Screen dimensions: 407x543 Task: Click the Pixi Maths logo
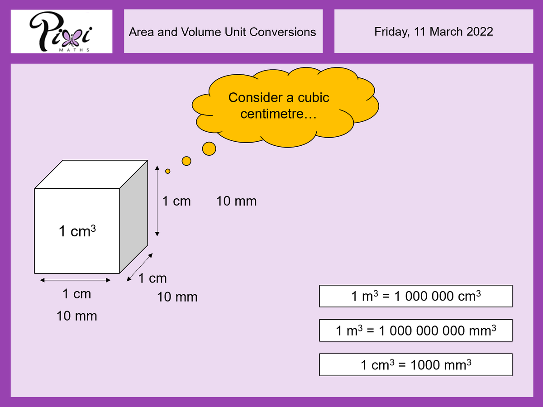tap(62, 32)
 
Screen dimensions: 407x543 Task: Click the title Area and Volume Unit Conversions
tap(223, 32)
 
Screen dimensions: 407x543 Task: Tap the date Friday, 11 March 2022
tap(433, 32)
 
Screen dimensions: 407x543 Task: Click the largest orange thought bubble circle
tap(209, 148)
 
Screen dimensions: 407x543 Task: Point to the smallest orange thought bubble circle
tap(168, 171)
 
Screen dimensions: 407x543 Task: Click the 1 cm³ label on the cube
tap(77, 231)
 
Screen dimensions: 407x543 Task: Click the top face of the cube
tap(90, 174)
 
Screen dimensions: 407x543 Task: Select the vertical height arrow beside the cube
tap(157, 201)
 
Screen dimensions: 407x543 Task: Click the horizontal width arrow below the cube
tap(75, 281)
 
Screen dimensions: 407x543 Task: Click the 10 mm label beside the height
tap(236, 201)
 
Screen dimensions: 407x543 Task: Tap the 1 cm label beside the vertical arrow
tap(176, 201)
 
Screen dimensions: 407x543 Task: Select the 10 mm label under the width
tap(76, 316)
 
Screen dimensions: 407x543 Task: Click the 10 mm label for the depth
tap(177, 297)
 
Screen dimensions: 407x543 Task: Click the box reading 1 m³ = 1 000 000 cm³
tap(415, 297)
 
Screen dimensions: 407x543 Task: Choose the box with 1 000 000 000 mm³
tap(415, 330)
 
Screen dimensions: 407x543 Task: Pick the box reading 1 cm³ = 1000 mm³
tap(415, 365)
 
